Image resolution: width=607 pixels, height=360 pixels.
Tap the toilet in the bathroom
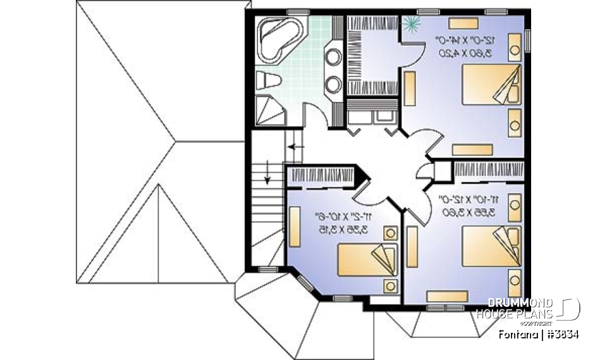266,82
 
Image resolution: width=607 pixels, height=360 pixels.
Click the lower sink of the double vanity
333,83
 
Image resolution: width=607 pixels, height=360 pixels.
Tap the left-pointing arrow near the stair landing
295,147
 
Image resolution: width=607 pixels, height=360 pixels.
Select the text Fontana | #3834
539,333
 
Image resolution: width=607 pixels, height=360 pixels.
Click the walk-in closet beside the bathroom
372,55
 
